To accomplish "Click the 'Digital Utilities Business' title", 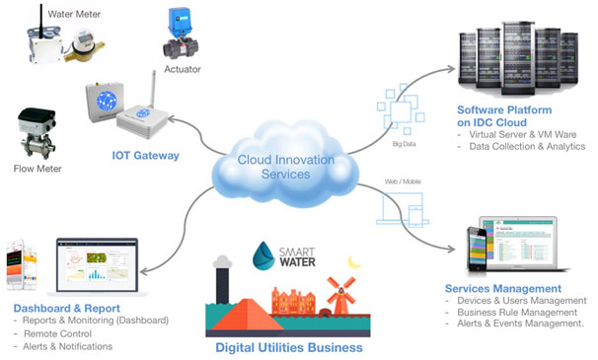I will click(288, 347).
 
